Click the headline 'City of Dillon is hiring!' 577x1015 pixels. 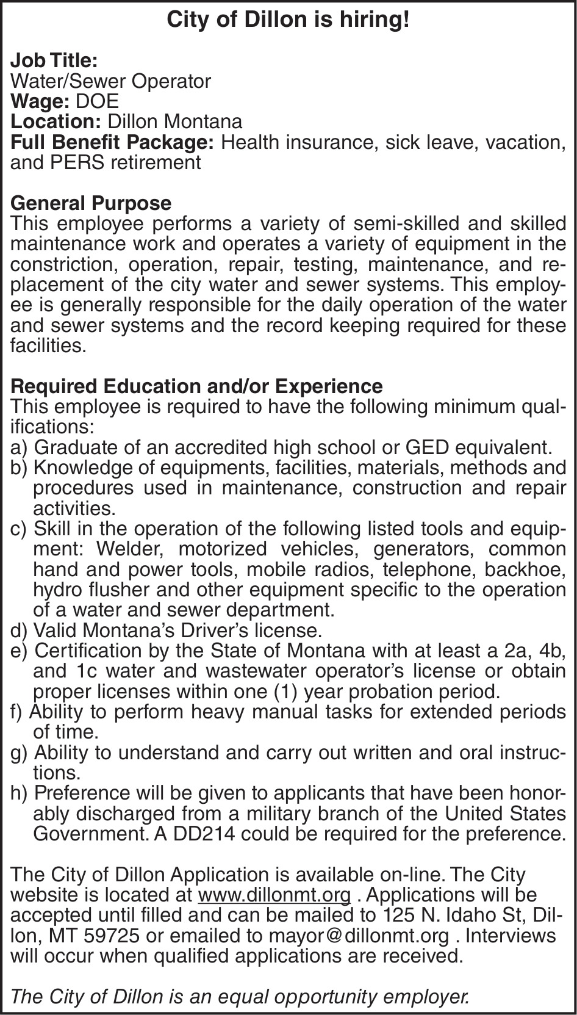pyautogui.click(x=288, y=20)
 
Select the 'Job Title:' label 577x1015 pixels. pyautogui.click(x=54, y=60)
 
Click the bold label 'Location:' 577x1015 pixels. pyautogui.click(x=56, y=121)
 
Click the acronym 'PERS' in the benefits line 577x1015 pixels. pyautogui.click(x=78, y=162)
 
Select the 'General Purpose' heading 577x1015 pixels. pyautogui.click(x=91, y=203)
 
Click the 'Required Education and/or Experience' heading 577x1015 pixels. pyautogui.click(x=197, y=386)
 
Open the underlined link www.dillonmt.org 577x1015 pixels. pyautogui.click(x=274, y=895)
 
